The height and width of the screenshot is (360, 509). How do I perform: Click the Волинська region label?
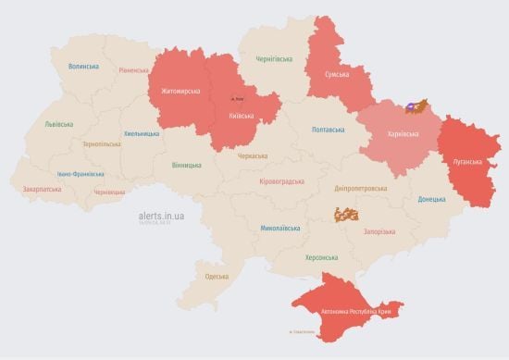83,67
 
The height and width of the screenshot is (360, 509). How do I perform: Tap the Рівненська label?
136,70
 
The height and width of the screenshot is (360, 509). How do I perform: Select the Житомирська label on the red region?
180,92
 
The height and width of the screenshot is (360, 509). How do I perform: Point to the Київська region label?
242,116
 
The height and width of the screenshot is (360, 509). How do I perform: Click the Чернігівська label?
275,58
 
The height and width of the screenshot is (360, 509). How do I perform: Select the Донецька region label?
431,199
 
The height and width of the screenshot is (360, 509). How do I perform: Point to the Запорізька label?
379,231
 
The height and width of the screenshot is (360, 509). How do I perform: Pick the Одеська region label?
217,277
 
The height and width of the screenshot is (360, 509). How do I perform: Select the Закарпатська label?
43,189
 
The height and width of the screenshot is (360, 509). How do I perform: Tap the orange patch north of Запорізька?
346,215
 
